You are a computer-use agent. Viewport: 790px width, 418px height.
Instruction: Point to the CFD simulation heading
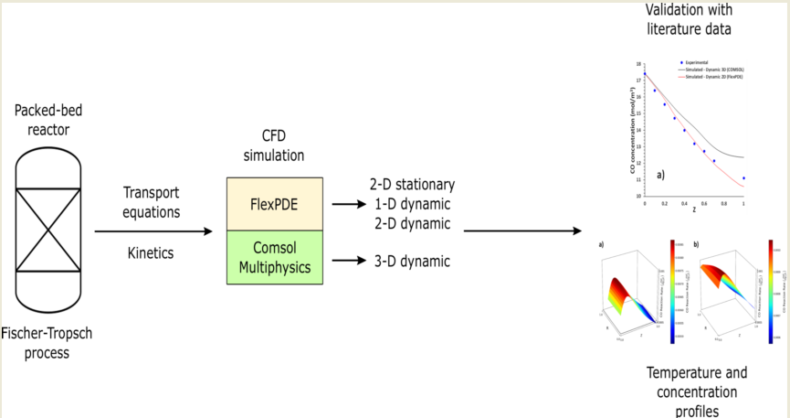(273, 146)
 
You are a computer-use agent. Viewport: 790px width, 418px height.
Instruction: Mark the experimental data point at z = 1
(743, 178)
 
